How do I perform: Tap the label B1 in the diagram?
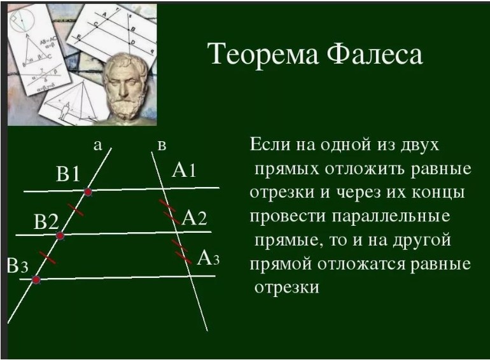(68, 174)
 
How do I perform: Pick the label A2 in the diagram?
(194, 218)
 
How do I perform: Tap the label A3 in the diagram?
(208, 258)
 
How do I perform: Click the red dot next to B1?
(88, 191)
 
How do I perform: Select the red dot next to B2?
(60, 236)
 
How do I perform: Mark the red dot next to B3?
(36, 279)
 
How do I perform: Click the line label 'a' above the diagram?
(97, 146)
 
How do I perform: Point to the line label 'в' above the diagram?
(162, 146)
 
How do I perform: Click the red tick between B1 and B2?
(75, 209)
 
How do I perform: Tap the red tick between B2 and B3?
(46, 258)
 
